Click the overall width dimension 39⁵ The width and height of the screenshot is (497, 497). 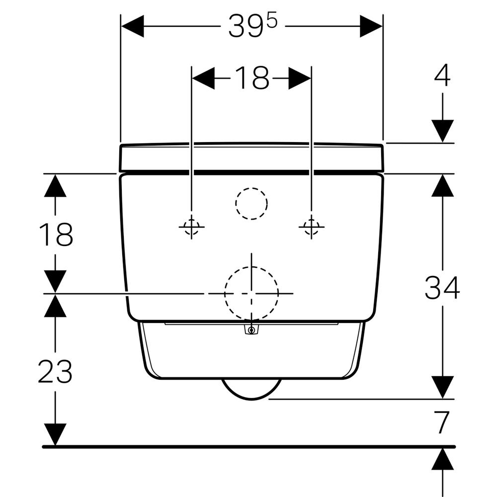tap(252, 26)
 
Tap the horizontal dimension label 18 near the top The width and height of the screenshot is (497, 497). tap(251, 79)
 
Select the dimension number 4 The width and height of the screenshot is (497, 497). tap(442, 76)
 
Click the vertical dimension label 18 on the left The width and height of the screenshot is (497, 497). tap(56, 235)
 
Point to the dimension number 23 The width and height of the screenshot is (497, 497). tap(55, 371)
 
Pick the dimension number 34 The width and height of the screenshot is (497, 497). tap(442, 288)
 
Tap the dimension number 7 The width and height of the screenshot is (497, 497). tap(442, 422)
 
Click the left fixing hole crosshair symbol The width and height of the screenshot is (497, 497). tap(191, 227)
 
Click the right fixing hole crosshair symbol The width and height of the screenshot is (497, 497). tap(311, 227)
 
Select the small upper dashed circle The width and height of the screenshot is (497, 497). tap(251, 203)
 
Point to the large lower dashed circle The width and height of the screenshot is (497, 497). tap(251, 293)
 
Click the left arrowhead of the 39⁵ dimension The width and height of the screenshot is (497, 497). tap(132, 26)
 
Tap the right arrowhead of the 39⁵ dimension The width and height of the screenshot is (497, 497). tap(371, 26)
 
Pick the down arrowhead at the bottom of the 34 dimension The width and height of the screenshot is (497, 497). tap(442, 387)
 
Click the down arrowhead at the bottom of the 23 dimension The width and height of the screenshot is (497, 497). tap(55, 434)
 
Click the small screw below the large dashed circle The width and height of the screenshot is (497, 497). tap(252, 330)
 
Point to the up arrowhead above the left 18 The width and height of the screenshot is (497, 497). tap(55, 185)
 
